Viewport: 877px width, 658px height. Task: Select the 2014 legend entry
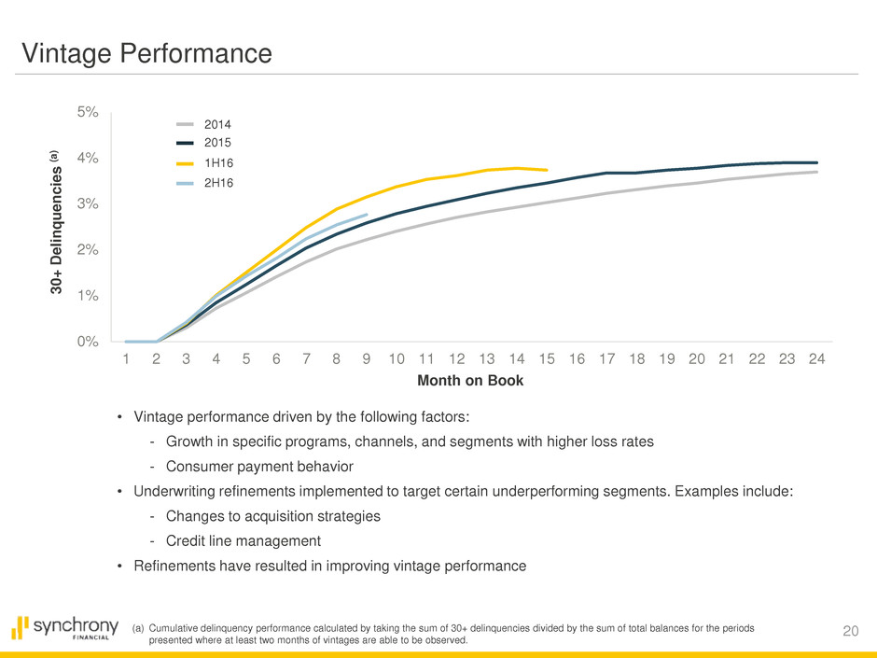click(x=216, y=123)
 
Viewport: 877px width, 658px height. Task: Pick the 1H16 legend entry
click(x=216, y=163)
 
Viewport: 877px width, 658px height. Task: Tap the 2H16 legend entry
click(x=216, y=184)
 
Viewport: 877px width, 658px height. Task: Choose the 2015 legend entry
click(x=216, y=143)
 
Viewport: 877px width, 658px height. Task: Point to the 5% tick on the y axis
click(x=88, y=112)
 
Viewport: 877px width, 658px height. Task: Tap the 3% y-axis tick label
click(x=88, y=203)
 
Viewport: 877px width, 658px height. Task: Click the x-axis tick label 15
click(x=547, y=359)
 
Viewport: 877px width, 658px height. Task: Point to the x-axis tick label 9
click(x=366, y=359)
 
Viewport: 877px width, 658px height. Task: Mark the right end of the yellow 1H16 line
click(x=547, y=170)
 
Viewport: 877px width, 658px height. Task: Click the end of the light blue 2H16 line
click(x=366, y=215)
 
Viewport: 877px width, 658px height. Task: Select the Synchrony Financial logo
click(x=65, y=628)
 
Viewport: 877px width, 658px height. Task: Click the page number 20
click(x=849, y=632)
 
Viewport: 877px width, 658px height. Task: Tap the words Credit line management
click(x=243, y=540)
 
